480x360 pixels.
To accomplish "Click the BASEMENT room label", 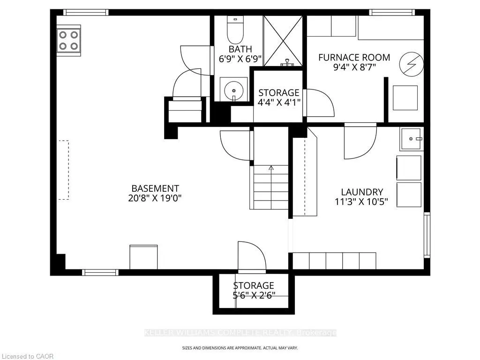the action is (155, 188).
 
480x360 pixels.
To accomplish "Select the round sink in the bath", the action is (234, 90).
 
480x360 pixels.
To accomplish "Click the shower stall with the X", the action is (283, 41).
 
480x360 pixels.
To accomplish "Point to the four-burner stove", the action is (68, 40).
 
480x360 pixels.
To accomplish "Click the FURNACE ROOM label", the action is (354, 57).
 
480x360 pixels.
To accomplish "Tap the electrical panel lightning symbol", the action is (412, 64).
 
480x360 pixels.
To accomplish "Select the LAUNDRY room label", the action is (362, 192).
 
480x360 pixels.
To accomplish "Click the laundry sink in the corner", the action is (411, 139).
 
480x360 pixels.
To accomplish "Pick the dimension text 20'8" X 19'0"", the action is (155, 198).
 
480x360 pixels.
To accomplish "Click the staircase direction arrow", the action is (271, 168).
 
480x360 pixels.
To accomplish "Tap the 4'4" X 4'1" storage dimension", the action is (278, 102).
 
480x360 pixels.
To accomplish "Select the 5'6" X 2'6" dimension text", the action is (254, 295).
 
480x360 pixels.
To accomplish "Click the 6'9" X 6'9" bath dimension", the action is (240, 59).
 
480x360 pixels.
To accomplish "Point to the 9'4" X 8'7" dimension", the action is (354, 67).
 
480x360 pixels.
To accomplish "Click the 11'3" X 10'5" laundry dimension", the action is (361, 202).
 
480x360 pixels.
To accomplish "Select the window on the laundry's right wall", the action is (427, 235).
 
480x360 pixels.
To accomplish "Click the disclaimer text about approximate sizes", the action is (240, 348).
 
